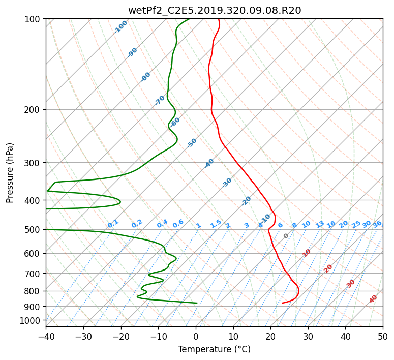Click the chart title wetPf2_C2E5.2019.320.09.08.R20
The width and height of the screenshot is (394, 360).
pyautogui.click(x=215, y=10)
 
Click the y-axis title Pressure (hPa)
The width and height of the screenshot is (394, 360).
pyautogui.click(x=10, y=173)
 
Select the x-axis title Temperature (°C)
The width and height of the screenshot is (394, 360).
pyautogui.click(x=215, y=349)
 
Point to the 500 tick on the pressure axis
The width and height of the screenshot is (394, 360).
pyautogui.click(x=34, y=230)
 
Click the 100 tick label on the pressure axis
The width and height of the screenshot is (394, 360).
pyautogui.click(x=34, y=19)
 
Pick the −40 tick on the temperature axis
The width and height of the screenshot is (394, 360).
pyautogui.click(x=46, y=336)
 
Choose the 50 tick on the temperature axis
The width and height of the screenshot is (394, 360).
pyautogui.click(x=383, y=336)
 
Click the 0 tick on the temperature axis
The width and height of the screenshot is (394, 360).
pyautogui.click(x=196, y=336)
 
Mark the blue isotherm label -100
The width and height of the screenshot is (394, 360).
pyautogui.click(x=120, y=27)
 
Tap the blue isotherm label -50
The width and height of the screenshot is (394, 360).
pyautogui.click(x=192, y=143)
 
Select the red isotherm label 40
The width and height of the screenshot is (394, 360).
pyautogui.click(x=373, y=299)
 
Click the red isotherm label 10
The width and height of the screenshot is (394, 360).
pyautogui.click(x=307, y=253)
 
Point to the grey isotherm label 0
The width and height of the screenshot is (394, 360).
pyautogui.click(x=286, y=236)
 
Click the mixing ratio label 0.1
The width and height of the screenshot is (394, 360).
pyautogui.click(x=113, y=224)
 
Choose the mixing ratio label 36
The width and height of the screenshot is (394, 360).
pyautogui.click(x=377, y=224)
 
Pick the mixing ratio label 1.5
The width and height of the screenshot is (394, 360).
pyautogui.click(x=216, y=224)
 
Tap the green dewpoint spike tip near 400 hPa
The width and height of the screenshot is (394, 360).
pyautogui.click(x=120, y=202)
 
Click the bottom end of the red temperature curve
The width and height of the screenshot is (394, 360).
pyautogui.click(x=282, y=303)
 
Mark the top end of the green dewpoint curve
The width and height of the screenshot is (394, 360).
pyautogui.click(x=190, y=19)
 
